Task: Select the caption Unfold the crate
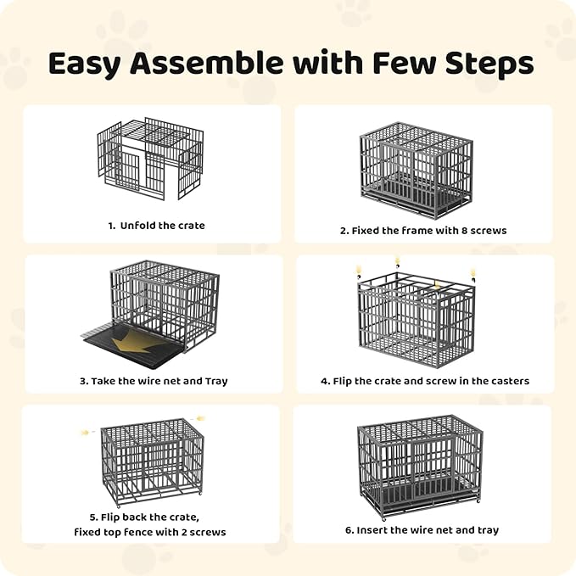(162, 226)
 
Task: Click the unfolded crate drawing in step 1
(151, 159)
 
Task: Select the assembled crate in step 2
(416, 171)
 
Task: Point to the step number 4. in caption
(324, 381)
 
